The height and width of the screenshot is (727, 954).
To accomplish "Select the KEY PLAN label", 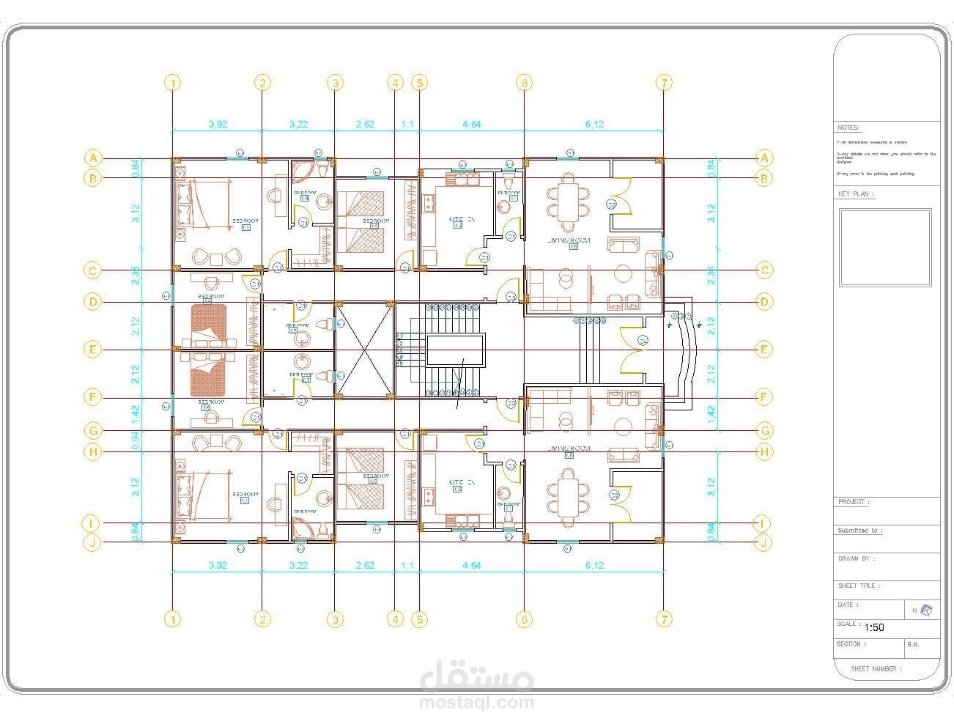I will [856, 194].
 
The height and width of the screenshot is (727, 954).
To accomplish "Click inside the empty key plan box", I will [885, 248].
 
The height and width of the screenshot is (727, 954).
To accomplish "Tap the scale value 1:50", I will [874, 627].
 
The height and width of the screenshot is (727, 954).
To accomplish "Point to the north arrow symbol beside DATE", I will [926, 610].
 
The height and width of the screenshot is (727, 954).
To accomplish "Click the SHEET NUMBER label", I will [876, 668].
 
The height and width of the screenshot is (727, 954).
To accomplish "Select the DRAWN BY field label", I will [856, 558].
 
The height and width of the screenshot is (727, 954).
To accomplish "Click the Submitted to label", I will [859, 530].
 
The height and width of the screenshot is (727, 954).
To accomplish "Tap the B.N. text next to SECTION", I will [913, 644].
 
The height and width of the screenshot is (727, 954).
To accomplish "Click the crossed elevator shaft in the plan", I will [364, 350].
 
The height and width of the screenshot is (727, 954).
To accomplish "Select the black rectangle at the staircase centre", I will [455, 350].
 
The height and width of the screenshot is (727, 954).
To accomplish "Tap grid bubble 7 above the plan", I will [663, 83].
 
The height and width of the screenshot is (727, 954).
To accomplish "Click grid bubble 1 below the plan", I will [172, 619].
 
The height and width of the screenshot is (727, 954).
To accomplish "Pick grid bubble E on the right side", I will [764, 350].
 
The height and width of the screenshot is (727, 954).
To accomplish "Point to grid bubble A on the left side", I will [92, 158].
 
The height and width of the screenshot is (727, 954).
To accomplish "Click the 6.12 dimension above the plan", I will [594, 125].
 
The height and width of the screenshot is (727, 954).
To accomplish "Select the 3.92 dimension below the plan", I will [218, 565].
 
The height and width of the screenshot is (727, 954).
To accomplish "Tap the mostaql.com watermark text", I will [476, 703].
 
